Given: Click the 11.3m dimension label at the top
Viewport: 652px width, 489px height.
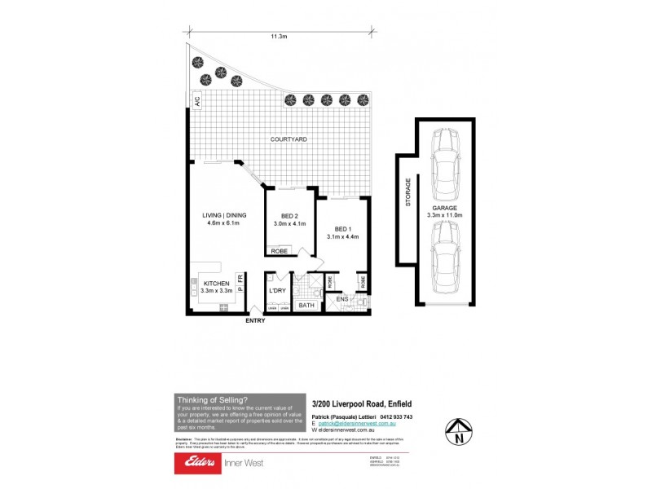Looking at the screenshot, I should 279,37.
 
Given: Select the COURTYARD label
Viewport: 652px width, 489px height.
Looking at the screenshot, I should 289,140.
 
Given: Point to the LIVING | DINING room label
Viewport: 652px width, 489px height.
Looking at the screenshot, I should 224,215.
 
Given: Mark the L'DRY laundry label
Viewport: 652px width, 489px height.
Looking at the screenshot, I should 277,290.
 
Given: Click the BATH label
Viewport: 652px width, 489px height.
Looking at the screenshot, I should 306,306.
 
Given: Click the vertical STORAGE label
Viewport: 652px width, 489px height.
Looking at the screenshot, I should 408,204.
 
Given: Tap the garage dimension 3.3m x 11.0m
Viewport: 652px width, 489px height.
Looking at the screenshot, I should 443,215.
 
